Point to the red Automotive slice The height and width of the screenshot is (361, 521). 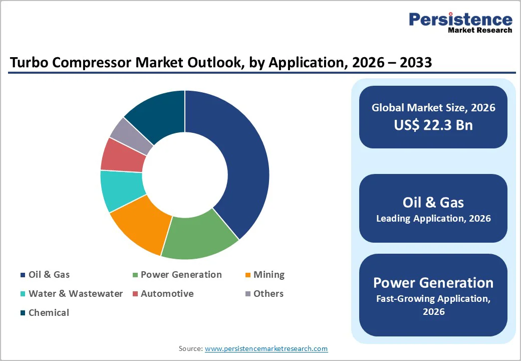123,154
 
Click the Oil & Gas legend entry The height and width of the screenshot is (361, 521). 49,275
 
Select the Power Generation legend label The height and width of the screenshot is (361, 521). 180,275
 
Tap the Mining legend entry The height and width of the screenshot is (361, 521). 269,275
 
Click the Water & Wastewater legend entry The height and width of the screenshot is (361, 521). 75,294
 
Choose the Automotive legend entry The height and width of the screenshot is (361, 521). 167,294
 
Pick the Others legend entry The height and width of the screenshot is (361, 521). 268,294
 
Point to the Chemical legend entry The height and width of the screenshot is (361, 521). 49,313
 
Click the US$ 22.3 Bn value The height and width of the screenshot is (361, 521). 433,125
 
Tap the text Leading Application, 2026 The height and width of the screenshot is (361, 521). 433,219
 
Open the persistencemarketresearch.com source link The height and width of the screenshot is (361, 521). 266,348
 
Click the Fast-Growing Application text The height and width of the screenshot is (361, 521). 433,299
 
